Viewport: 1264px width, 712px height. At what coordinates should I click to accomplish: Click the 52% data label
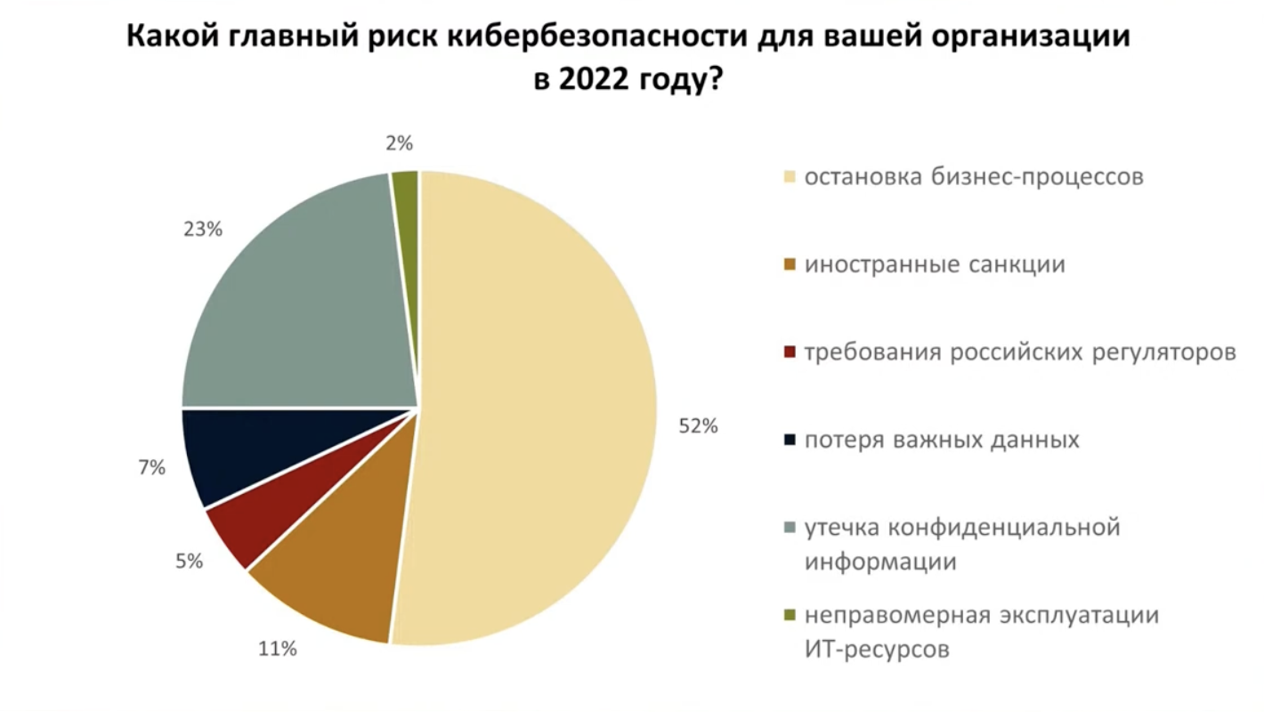tap(698, 426)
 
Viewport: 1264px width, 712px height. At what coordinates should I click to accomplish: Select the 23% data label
tap(203, 230)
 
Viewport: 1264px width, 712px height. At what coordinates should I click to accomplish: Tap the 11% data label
tap(277, 650)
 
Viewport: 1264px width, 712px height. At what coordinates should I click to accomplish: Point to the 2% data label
tap(400, 143)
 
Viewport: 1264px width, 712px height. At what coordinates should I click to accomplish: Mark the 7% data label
tap(151, 467)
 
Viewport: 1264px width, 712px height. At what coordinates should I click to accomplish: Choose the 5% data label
tap(189, 562)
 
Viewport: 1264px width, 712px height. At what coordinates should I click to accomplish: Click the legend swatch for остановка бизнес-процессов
tap(789, 176)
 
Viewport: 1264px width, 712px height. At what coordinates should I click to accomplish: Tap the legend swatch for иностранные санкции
tap(789, 264)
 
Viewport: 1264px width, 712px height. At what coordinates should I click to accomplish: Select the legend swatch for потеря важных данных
tap(789, 440)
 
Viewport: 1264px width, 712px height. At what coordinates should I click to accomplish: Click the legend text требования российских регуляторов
tap(1020, 352)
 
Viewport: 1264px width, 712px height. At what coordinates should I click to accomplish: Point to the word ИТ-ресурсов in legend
tap(877, 650)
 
